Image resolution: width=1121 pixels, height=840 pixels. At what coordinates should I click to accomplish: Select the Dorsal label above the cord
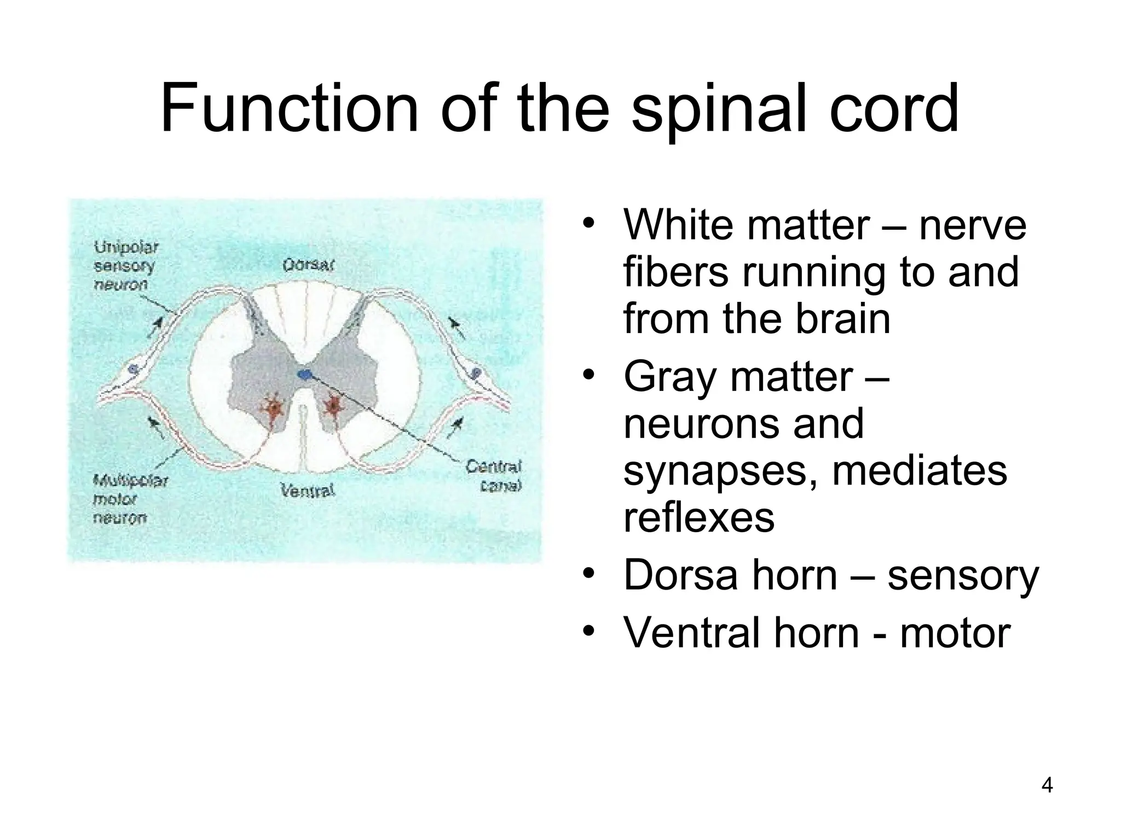pos(308,266)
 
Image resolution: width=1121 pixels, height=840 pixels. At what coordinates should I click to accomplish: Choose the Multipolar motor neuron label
pos(129,499)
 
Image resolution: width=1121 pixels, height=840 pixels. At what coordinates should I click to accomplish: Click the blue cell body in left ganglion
pos(132,370)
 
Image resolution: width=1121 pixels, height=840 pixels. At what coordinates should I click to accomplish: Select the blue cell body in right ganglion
pos(476,373)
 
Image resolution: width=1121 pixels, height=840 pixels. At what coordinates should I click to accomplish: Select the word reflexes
pos(698,517)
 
